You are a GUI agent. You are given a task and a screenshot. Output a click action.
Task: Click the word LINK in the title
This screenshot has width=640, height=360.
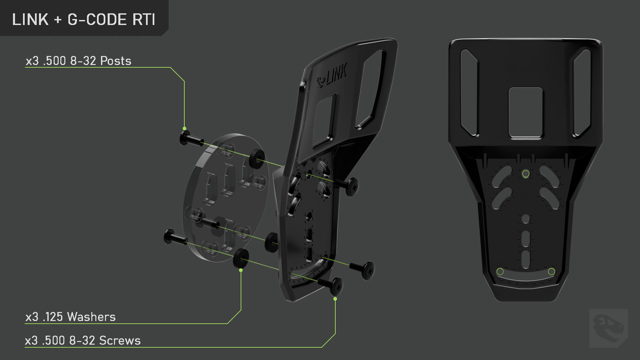coord(30,20)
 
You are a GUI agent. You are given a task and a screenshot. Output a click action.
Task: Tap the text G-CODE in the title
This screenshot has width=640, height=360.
coord(97,20)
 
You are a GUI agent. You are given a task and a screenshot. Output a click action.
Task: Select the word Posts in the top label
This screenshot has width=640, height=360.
coord(116,61)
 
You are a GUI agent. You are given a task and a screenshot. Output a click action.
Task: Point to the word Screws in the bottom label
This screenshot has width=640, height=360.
coord(120,341)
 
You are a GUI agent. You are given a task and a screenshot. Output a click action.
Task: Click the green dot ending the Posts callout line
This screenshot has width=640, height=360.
coord(184,128)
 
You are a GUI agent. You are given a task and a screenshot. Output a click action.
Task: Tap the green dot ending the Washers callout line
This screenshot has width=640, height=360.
coord(241,270)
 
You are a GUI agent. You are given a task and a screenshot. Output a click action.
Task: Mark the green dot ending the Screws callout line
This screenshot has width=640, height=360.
coord(335,299)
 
